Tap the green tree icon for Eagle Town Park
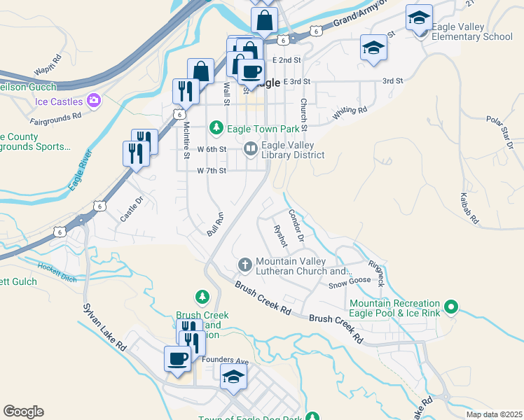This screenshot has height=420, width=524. pos(217,127)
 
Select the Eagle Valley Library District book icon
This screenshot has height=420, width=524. pos(250,149)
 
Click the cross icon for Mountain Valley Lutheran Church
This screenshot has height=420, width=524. pos(244,264)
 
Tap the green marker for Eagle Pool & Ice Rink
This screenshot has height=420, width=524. pos(452,307)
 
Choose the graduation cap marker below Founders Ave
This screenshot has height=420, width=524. pos(233,377)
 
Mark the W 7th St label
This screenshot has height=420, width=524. pos(212,171)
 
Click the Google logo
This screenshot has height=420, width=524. pos(23,412)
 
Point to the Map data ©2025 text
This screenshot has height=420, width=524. pos(493,414)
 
